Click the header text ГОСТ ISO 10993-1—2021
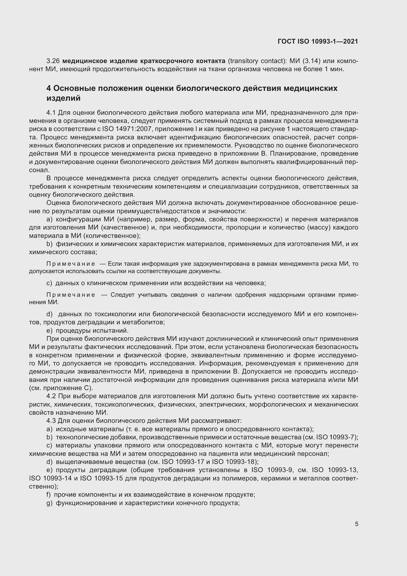[x=318, y=41]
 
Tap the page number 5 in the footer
[x=356, y=524]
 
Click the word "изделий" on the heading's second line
[x=63, y=98]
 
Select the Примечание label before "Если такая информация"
[x=71, y=264]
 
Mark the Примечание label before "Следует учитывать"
[x=71, y=295]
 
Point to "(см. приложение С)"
[x=61, y=388]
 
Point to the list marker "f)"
[x=49, y=494]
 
